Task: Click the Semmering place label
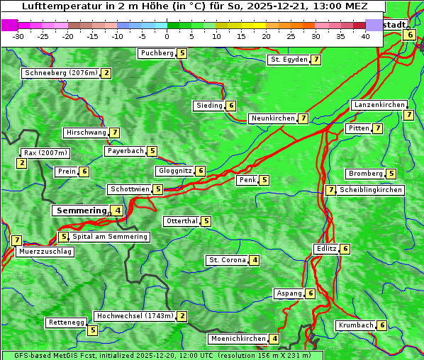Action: click(x=81, y=210)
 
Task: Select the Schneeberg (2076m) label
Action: click(x=60, y=73)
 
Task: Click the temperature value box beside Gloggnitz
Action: click(x=201, y=171)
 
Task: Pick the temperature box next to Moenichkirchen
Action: click(x=275, y=339)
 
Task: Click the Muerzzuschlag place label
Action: click(x=45, y=252)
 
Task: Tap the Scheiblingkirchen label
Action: click(x=370, y=190)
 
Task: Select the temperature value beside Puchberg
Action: click(x=182, y=53)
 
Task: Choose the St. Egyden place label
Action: click(x=289, y=60)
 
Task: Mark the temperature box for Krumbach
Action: click(x=382, y=325)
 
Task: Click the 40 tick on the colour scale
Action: click(x=365, y=36)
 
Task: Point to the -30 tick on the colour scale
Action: click(x=18, y=36)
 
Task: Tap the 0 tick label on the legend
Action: click(x=167, y=36)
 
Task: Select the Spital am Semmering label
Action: click(x=110, y=237)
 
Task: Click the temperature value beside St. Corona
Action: click(x=255, y=260)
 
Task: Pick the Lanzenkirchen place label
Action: click(x=379, y=105)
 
